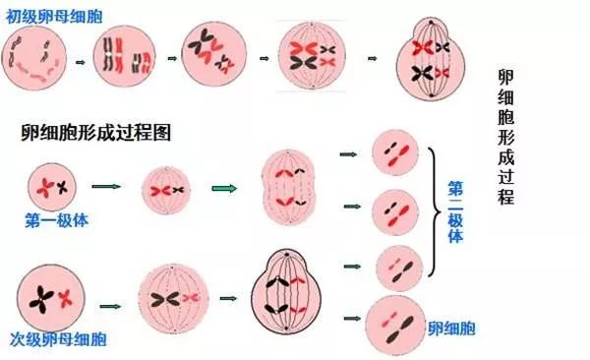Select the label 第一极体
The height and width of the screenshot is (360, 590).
(x=57, y=220)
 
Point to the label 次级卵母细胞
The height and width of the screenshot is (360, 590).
(x=63, y=339)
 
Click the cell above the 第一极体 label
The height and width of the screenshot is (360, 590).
(x=52, y=186)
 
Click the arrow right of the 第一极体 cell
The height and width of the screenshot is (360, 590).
(x=105, y=186)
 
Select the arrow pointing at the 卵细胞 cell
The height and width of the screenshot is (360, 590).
(x=349, y=318)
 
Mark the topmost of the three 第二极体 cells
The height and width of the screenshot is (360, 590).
(x=396, y=153)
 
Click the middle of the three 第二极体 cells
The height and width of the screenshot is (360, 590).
(x=398, y=210)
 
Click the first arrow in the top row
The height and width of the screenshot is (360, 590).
(x=82, y=60)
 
